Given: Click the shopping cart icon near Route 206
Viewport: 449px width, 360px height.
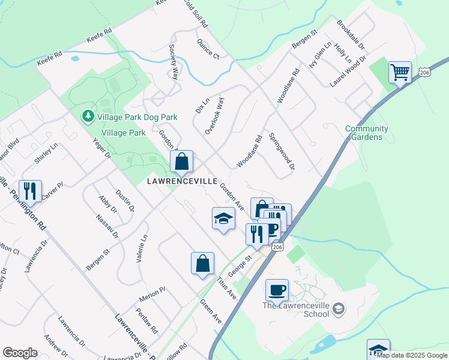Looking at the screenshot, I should coord(400,73).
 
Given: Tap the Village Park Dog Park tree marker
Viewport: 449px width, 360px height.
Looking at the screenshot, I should coord(88,115).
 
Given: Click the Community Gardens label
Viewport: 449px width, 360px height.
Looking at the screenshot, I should coord(367,133).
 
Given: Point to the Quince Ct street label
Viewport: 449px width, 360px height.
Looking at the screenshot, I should coord(208,49).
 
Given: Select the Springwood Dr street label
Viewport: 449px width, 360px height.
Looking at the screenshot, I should coord(282,151).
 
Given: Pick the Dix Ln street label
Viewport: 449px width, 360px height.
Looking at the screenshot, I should coord(201,106).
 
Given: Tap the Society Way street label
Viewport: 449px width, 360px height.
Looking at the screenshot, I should coord(174,62).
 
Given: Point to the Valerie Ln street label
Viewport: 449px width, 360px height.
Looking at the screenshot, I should coord(143,246).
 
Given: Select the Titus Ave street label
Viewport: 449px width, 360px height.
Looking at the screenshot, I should coord(228,286).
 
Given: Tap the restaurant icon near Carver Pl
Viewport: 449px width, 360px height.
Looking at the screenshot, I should coord(30,191).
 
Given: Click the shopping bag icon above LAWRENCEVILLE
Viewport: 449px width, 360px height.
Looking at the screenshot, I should coord(181,161).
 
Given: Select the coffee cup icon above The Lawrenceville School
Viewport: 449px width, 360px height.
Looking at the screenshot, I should coord(277,290).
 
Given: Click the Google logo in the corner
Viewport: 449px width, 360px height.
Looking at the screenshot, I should coord(20,353).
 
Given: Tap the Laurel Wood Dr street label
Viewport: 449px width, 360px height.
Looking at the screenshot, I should coord(348,72).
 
